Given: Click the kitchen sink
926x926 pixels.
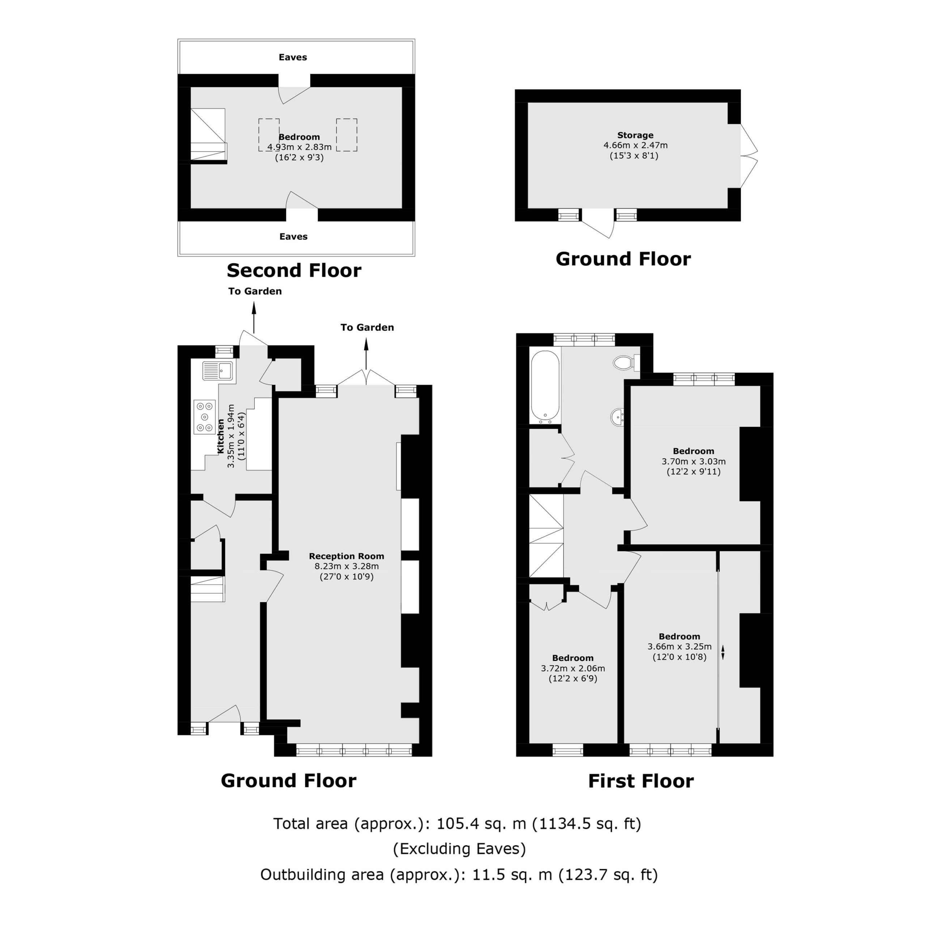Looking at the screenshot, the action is click(x=218, y=370).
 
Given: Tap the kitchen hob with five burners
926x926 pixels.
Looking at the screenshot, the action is click(x=205, y=417).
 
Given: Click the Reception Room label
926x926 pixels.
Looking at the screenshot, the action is click(x=347, y=556).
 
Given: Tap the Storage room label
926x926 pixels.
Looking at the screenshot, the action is click(x=635, y=135).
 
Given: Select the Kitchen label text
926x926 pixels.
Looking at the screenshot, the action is click(x=221, y=436).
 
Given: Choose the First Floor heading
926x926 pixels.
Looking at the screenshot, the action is click(x=641, y=781).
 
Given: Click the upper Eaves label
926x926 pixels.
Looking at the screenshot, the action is click(x=293, y=57).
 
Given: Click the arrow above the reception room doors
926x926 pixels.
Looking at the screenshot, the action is click(x=366, y=352).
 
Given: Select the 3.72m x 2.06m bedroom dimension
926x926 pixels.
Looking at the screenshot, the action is click(x=573, y=668).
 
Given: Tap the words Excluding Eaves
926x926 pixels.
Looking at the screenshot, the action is click(x=459, y=849).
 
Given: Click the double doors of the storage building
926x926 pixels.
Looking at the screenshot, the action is click(x=749, y=156).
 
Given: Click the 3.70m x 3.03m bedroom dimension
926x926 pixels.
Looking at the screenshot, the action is click(x=693, y=462).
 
